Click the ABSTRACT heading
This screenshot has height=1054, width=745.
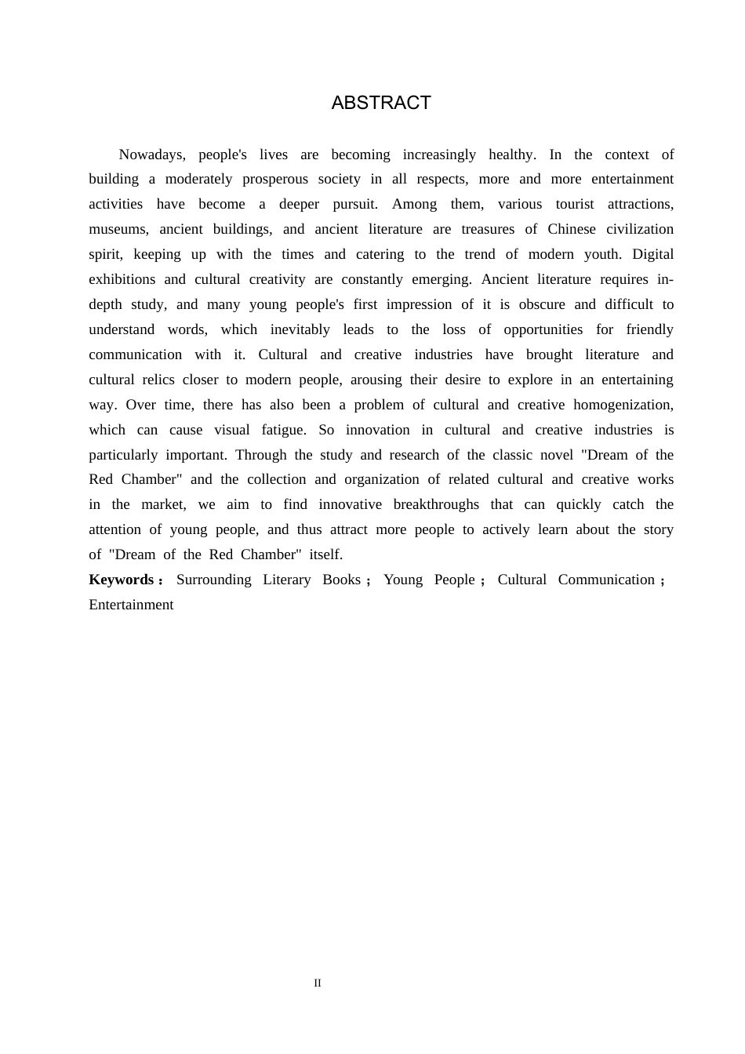[x=381, y=103]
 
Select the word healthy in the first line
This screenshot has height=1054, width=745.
[x=512, y=154]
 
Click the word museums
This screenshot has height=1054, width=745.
[x=118, y=229]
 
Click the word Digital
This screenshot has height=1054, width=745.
[x=652, y=254]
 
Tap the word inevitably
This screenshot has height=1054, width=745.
[x=300, y=329]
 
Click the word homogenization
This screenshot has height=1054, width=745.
[x=623, y=405]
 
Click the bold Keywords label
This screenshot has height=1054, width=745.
[x=122, y=580]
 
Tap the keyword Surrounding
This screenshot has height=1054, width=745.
[x=213, y=580]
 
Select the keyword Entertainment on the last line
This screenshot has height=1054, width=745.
[x=131, y=605]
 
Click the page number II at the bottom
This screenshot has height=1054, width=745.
[x=318, y=983]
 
